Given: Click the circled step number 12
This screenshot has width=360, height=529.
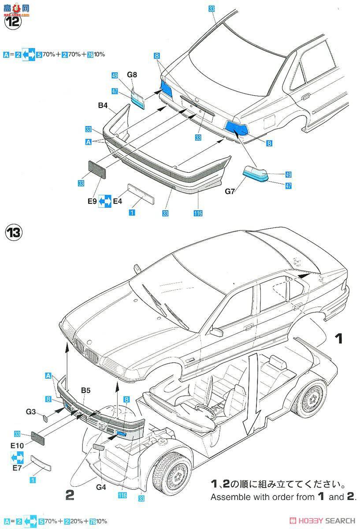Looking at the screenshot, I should click(13, 22).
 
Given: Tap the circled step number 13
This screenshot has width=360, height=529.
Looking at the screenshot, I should click(13, 232).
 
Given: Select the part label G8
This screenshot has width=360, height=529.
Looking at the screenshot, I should click(132, 75).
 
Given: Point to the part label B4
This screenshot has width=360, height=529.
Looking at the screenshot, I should click(104, 106).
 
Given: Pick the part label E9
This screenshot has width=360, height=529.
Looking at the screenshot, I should click(91, 201).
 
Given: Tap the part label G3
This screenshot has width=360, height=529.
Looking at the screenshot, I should click(30, 411).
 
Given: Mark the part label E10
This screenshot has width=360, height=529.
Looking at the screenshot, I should click(17, 445).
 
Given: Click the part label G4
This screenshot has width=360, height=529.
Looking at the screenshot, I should click(101, 487).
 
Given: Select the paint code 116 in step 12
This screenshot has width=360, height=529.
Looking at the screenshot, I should click(197, 213).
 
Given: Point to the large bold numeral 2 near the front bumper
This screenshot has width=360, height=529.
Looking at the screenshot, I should click(69, 495).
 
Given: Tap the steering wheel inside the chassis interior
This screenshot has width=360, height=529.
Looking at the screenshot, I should click(205, 409).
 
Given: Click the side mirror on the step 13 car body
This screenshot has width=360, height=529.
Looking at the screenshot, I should click(217, 332).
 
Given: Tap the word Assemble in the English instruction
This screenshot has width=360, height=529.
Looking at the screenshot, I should click(227, 497).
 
